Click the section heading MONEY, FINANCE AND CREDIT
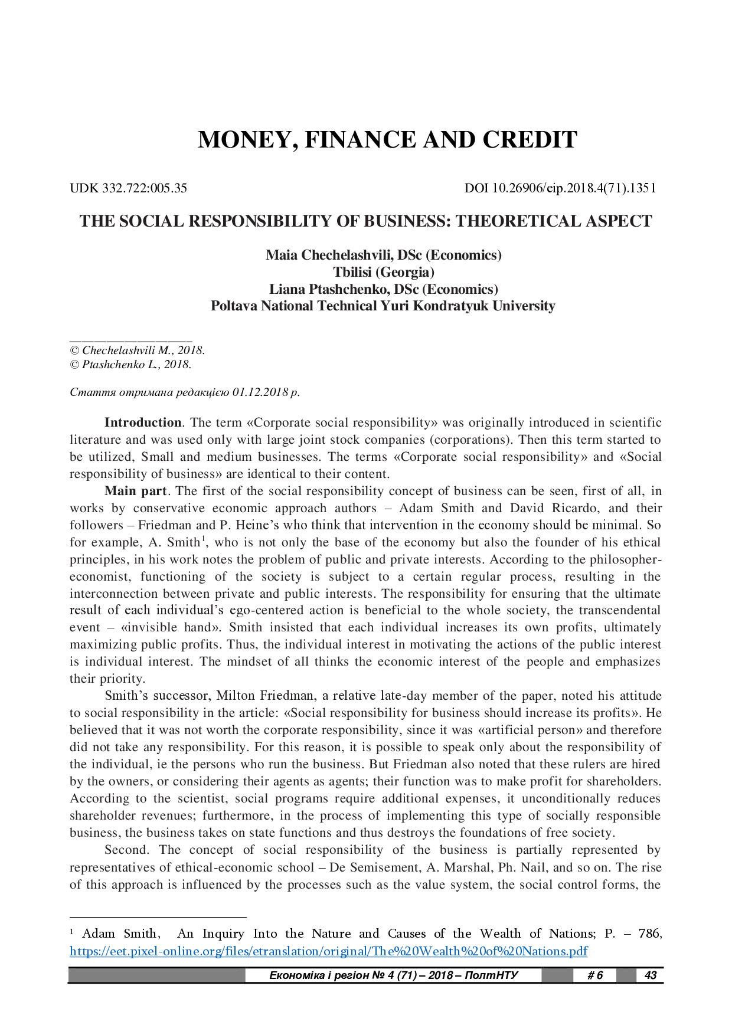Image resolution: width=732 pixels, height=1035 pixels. [387, 140]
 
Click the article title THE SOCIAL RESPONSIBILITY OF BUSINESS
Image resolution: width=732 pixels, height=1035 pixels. [365, 221]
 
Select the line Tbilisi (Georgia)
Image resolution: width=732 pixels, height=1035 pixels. [383, 272]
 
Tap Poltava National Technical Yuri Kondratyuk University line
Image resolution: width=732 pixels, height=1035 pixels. [383, 306]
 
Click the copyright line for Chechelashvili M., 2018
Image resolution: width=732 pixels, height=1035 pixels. [138, 350]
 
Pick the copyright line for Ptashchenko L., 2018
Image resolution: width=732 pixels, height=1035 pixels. [131, 364]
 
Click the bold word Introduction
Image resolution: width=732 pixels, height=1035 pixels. [143, 422]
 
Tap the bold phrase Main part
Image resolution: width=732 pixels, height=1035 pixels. [136, 491]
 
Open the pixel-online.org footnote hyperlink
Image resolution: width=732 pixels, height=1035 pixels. [328, 951]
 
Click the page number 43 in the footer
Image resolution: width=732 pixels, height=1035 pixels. [651, 975]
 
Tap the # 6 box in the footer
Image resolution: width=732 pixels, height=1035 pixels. [594, 975]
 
